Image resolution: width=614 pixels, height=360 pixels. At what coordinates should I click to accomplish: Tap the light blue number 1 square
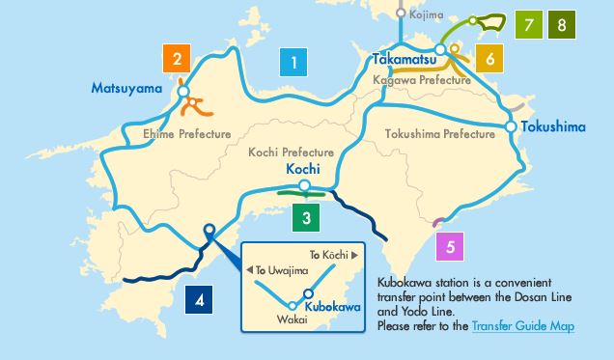tap(293, 64)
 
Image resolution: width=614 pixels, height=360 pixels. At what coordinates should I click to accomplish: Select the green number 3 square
tap(305, 218)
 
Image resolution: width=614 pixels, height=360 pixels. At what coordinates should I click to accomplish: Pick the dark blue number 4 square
tap(200, 300)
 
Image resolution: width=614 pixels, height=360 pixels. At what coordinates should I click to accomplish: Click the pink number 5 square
tap(451, 245)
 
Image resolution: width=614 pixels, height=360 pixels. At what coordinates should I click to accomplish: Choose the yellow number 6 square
tap(489, 59)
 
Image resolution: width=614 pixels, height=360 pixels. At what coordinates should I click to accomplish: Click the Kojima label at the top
tap(426, 15)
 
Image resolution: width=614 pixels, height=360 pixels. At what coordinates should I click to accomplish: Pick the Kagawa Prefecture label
tap(420, 81)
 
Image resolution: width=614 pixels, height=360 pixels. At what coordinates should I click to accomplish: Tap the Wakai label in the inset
tap(291, 319)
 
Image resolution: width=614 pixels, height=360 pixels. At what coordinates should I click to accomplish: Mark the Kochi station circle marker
tap(304, 185)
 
